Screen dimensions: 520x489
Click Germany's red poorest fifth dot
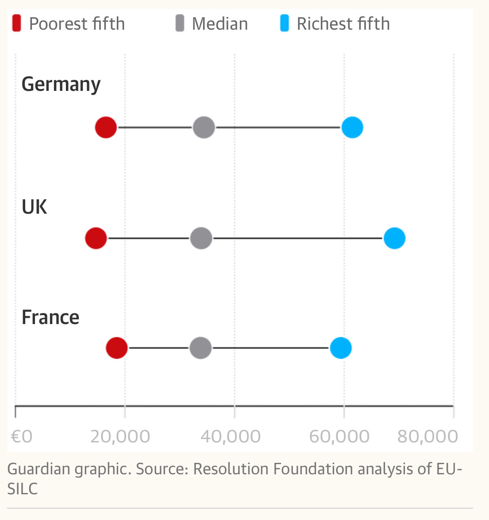pos(106,128)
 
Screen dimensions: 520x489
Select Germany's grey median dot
pos(204,128)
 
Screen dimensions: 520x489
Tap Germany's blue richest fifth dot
pos(352,128)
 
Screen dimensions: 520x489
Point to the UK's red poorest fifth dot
pos(96,238)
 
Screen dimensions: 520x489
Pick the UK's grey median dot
pos(201,238)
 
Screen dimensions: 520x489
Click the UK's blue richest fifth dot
pos(394,238)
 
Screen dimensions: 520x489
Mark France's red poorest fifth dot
pos(117,348)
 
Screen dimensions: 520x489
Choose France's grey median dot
pos(201,348)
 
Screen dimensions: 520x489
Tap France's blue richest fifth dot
pos(341,348)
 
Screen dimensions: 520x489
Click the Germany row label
pos(61,84)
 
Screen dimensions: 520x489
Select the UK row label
pos(35,207)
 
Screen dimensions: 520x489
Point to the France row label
pos(50,317)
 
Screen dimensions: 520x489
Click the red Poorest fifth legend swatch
pos(17,23)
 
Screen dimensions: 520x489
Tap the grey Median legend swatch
pos(180,23)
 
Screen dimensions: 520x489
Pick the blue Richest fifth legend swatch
pos(285,23)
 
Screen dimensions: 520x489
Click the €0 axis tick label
pos(22,437)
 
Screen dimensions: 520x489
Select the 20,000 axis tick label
pos(120,437)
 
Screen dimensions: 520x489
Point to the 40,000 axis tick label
pos(230,437)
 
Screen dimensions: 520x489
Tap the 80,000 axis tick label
pos(427,437)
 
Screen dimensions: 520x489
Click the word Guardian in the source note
pos(39,469)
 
